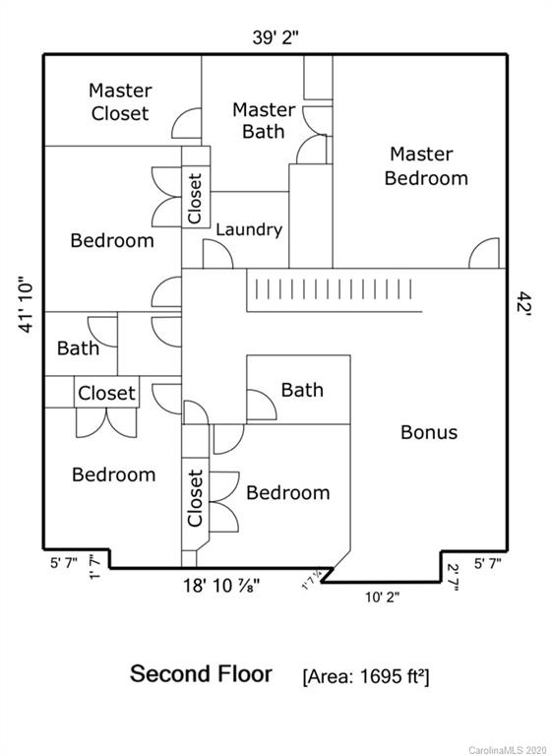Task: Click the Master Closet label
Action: coord(120,102)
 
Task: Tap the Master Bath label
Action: coord(264,120)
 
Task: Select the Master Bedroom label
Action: coord(426,166)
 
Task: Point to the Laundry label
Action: coord(249,229)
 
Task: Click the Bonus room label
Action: coord(429,432)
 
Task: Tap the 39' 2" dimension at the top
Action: coord(275,37)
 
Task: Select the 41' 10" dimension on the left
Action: coord(26,304)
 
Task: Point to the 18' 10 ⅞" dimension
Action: coord(221,586)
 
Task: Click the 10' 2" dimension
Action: coord(383,597)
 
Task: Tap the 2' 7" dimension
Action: coord(453,577)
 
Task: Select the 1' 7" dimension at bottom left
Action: coord(94,567)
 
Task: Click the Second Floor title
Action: coord(201,673)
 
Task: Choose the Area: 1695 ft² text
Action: coord(366,676)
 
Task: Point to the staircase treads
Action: coord(334,289)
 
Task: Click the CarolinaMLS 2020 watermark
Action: coord(508,750)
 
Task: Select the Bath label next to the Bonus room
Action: coord(302,390)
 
